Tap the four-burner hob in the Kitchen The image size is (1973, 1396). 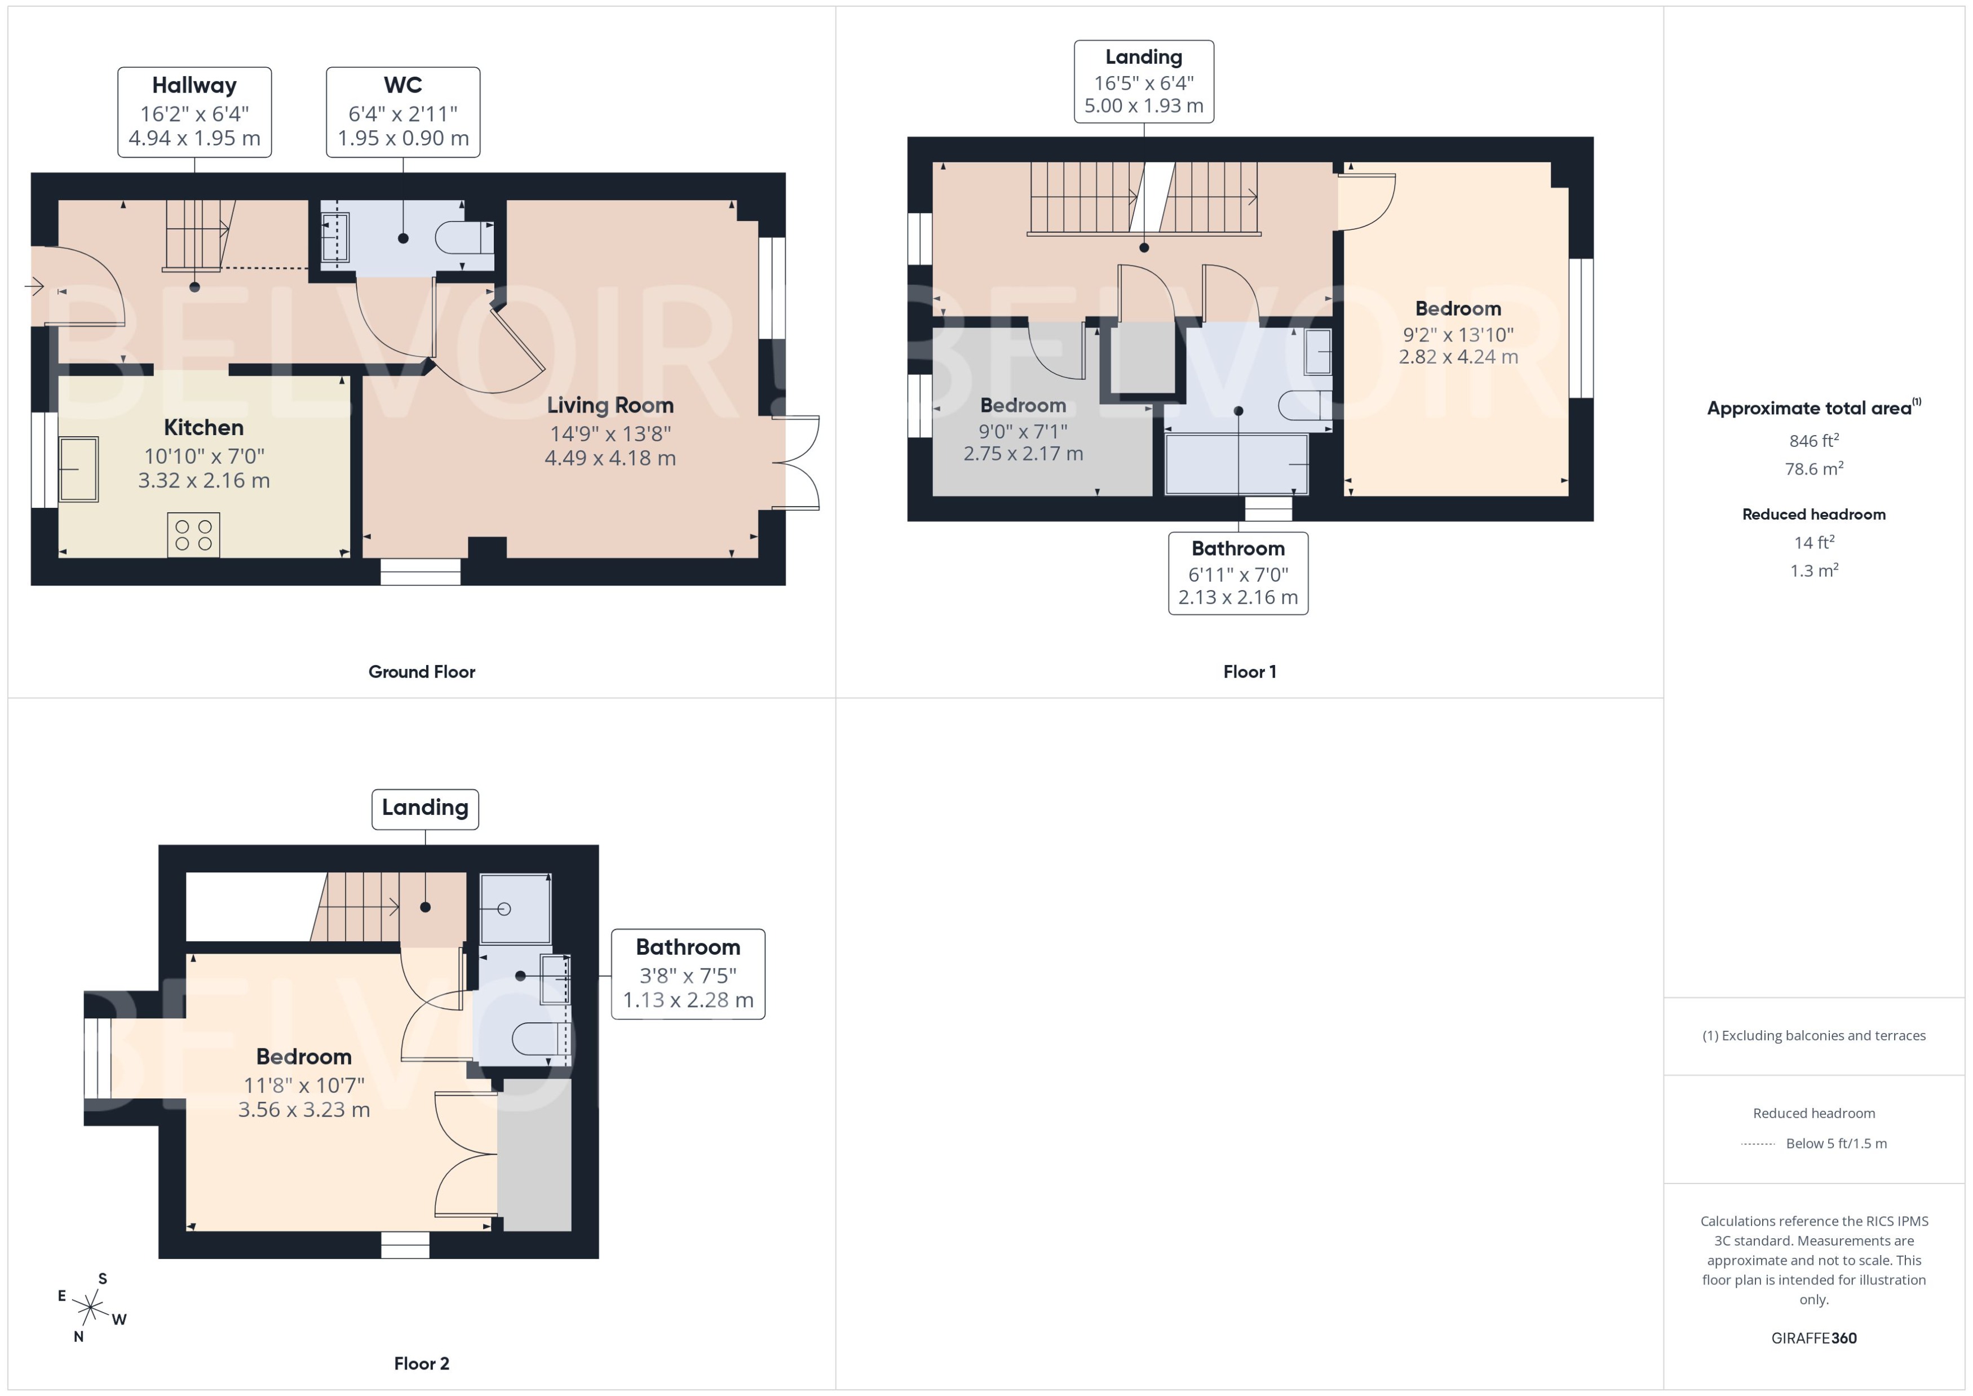click(193, 535)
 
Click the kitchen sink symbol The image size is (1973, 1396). click(78, 469)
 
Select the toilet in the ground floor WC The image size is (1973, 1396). click(465, 238)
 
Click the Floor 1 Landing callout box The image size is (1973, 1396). click(1143, 82)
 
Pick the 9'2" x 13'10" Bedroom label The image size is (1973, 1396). click(1458, 332)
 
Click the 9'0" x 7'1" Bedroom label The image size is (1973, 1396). click(1023, 429)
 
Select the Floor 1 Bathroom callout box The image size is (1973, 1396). click(1238, 573)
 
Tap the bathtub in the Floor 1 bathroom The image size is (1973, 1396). click(1236, 464)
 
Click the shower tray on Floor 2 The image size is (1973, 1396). click(515, 908)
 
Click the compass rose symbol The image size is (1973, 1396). click(90, 1308)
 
